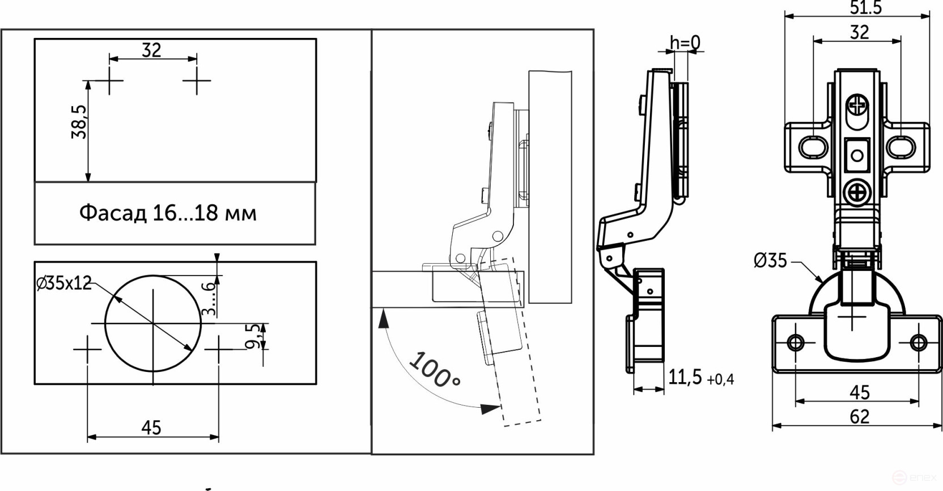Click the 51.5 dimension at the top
[865, 7]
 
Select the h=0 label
[685, 43]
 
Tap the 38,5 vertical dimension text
[79, 122]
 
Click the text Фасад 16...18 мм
[168, 213]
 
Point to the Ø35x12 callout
[63, 283]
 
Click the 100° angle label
[434, 370]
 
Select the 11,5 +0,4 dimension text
[700, 378]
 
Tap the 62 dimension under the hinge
[859, 417]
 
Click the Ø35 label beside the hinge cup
[770, 261]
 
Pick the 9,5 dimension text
[254, 336]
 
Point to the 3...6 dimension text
[210, 298]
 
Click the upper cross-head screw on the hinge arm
[857, 105]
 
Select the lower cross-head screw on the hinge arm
[857, 193]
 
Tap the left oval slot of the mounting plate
[813, 147]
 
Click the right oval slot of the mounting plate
[901, 147]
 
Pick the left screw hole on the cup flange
[796, 342]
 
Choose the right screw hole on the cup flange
[918, 342]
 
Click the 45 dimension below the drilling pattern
[151, 427]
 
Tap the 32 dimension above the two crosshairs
[151, 50]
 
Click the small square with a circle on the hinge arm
[857, 155]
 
